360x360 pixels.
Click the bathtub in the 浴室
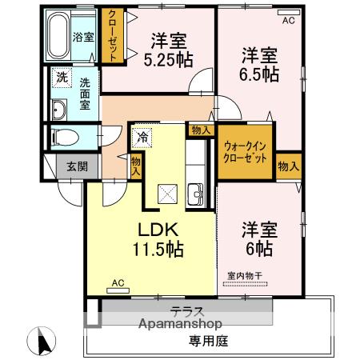[58, 35]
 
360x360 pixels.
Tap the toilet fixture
[65, 138]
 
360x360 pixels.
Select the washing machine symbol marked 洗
[62, 78]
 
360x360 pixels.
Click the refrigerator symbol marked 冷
[142, 138]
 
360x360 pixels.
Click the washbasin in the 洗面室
[59, 110]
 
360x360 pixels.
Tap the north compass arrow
[42, 341]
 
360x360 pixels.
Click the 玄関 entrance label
[77, 166]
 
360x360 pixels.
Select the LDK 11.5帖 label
[158, 239]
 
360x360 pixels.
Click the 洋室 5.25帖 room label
[169, 50]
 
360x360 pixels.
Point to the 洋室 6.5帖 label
[259, 64]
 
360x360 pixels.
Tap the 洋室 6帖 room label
[259, 238]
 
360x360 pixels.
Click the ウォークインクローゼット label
[245, 153]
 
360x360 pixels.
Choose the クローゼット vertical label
[113, 36]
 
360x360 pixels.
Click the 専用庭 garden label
[209, 341]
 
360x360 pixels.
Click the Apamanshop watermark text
[180, 324]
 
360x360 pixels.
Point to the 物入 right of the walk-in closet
[288, 166]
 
